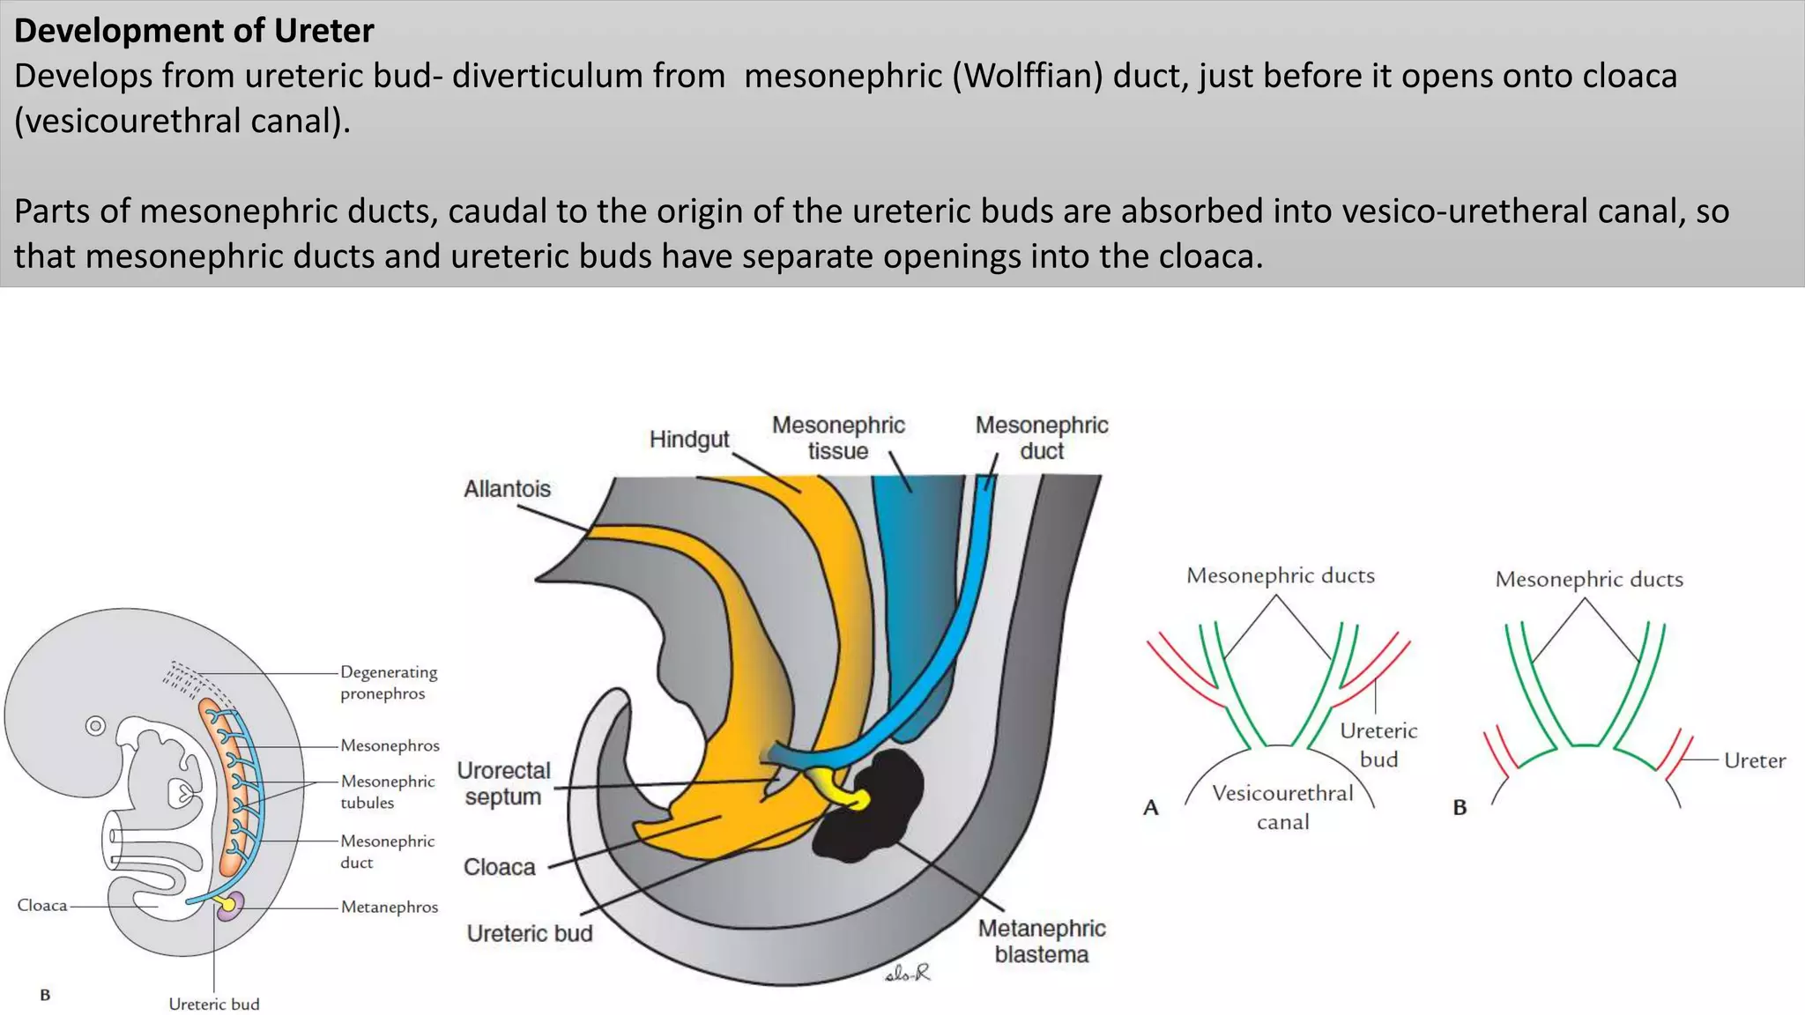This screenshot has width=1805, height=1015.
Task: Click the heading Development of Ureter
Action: (x=194, y=31)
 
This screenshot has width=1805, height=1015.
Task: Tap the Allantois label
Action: (x=507, y=489)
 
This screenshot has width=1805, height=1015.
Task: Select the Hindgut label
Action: (x=689, y=439)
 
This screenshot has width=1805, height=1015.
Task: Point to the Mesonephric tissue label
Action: (x=838, y=438)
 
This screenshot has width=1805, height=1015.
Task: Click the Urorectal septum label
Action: (x=503, y=783)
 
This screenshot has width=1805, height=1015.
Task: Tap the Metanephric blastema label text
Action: (x=1041, y=941)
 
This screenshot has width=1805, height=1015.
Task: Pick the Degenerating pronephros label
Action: (x=389, y=683)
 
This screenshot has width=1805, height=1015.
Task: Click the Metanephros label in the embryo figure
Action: (x=389, y=907)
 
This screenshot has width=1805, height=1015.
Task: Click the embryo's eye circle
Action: (x=95, y=726)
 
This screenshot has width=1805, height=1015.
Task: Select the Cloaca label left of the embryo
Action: (x=41, y=905)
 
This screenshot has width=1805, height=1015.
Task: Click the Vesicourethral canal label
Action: (x=1282, y=807)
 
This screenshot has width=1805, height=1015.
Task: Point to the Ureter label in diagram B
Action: (x=1754, y=760)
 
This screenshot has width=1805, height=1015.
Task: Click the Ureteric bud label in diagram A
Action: (x=1378, y=745)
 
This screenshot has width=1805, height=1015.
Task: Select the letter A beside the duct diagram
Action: (x=1150, y=807)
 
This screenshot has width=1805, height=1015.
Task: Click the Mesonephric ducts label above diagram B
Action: (x=1588, y=579)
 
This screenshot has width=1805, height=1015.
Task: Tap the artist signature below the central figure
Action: (x=907, y=974)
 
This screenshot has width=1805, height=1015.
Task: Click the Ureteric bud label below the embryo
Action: (x=214, y=1004)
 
